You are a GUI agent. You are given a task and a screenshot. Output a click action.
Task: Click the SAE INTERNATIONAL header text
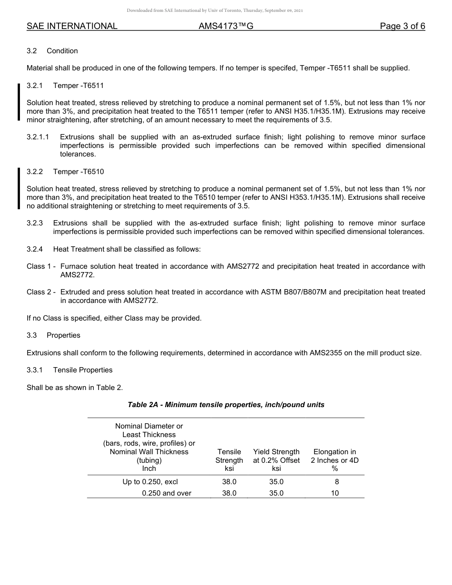pyautogui.click(x=72, y=26)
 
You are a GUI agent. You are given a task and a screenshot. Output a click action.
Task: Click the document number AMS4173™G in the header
pyautogui.click(x=226, y=26)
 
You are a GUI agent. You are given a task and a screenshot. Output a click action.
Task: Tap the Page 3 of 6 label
pyautogui.click(x=402, y=26)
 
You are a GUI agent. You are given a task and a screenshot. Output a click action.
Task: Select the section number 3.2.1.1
pyautogui.click(x=38, y=137)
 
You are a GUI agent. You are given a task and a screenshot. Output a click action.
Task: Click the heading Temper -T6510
pyautogui.click(x=79, y=171)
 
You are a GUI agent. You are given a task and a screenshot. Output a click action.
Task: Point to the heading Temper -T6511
pyautogui.click(x=79, y=86)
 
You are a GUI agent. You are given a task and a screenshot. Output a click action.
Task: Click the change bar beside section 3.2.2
pyautogui.click(x=19, y=188)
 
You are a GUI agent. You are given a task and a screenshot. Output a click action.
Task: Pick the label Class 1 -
pyautogui.click(x=41, y=266)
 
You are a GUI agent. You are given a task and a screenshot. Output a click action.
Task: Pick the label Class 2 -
pyautogui.click(x=41, y=292)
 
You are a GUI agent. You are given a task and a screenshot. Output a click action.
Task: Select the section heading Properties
pyautogui.click(x=63, y=335)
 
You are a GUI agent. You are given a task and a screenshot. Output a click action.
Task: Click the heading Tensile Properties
pyautogui.click(x=83, y=370)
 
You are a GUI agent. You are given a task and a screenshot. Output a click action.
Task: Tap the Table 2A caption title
pyautogui.click(x=226, y=405)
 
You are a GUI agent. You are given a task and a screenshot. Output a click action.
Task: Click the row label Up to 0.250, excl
pyautogui.click(x=150, y=482)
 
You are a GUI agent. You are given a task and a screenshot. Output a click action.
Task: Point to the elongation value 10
pyautogui.click(x=335, y=493)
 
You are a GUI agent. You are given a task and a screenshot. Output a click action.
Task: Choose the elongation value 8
pyautogui.click(x=337, y=482)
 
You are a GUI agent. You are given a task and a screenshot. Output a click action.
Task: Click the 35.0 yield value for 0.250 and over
pyautogui.click(x=276, y=493)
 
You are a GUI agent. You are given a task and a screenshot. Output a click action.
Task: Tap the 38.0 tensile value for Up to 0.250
pyautogui.click(x=229, y=482)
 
